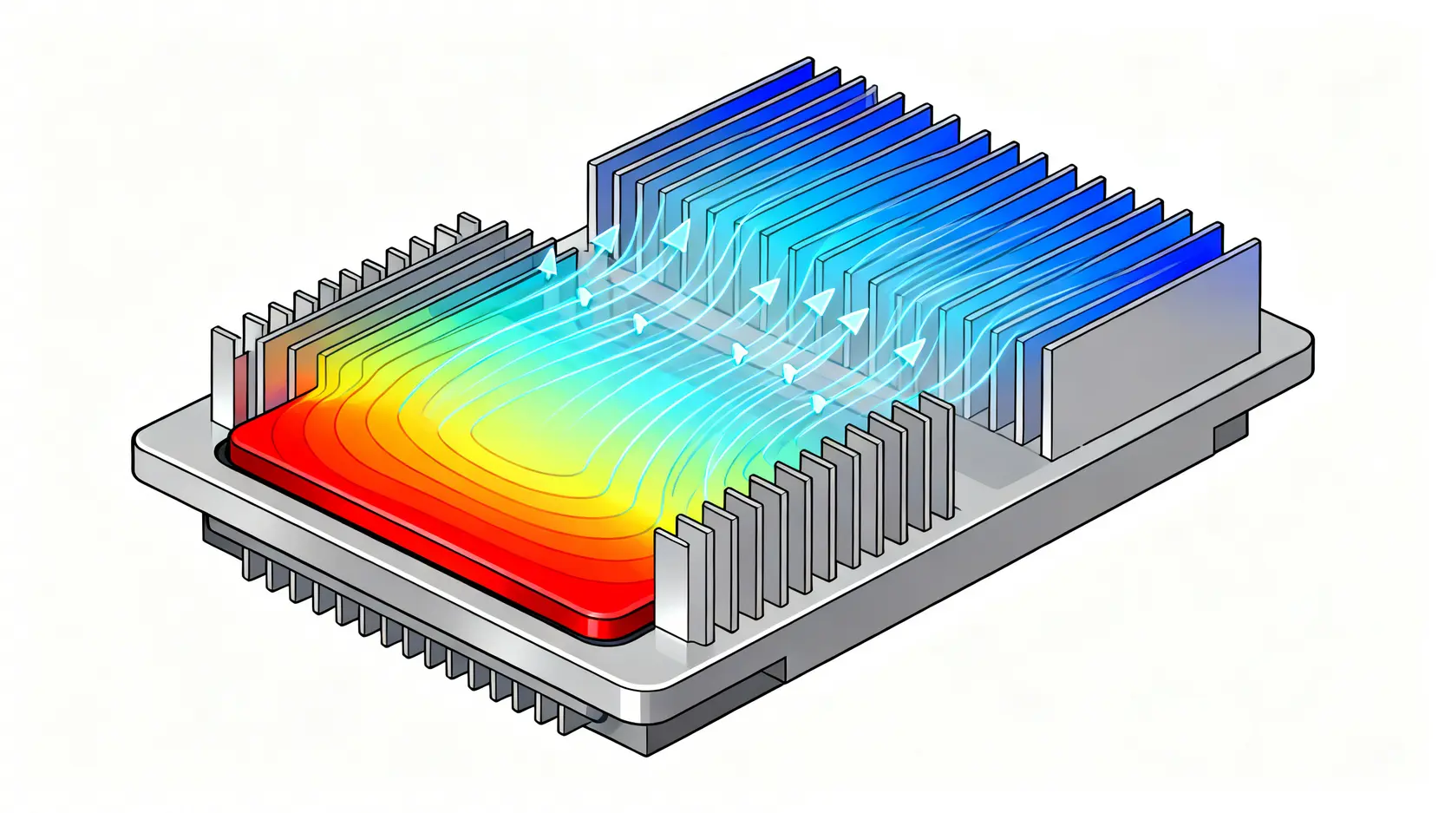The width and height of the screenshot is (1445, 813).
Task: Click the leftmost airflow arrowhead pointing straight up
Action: pos(547,260)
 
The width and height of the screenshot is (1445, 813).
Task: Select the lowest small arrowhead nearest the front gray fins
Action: pos(816,403)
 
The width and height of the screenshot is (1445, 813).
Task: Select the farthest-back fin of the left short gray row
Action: pos(467,225)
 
